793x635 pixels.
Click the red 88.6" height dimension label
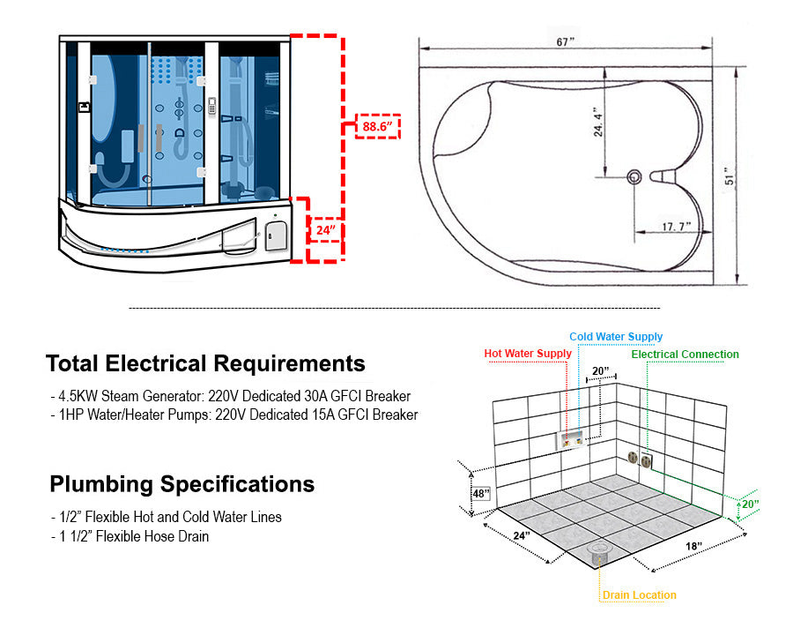[x=376, y=127]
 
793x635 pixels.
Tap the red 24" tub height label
[x=325, y=231]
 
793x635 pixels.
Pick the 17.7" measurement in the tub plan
[x=677, y=228]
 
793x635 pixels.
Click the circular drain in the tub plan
[x=634, y=177]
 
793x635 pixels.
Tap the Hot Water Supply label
[x=528, y=354]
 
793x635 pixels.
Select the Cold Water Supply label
[x=616, y=337]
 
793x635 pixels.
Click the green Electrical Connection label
[x=685, y=355]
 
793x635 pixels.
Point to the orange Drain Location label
[x=639, y=595]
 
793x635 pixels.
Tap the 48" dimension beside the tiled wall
[x=480, y=494]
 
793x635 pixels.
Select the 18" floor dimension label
[x=693, y=547]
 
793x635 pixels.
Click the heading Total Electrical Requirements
[x=205, y=363]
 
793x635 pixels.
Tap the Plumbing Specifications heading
[x=182, y=484]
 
